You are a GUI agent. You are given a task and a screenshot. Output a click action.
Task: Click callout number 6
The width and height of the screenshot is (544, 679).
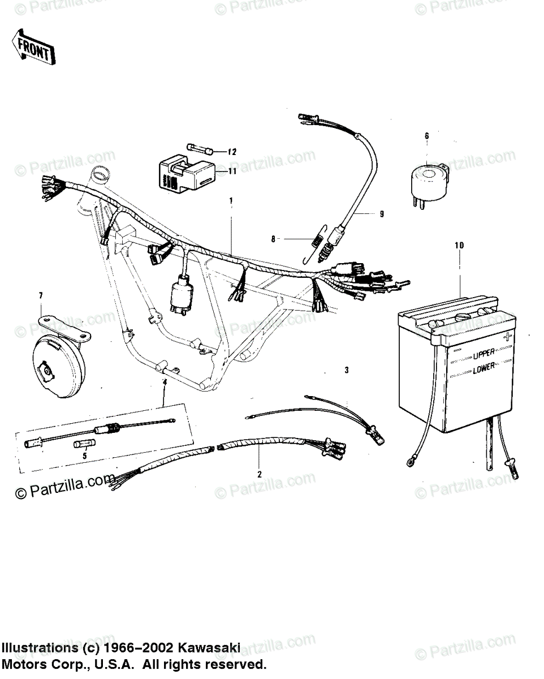pos(427,136)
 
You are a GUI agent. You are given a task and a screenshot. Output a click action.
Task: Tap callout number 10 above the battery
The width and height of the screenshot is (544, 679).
pos(459,246)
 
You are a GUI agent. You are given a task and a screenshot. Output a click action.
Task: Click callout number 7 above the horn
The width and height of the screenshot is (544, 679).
pos(41,296)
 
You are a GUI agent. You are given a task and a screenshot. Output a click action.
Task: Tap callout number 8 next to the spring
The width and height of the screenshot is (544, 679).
pos(273,239)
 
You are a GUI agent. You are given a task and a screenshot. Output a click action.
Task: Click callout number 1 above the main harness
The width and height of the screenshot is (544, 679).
pos(231,201)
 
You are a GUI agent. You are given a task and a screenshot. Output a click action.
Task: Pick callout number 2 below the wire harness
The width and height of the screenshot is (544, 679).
pos(259,474)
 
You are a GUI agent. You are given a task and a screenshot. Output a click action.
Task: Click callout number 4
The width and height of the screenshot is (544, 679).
pos(165,383)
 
